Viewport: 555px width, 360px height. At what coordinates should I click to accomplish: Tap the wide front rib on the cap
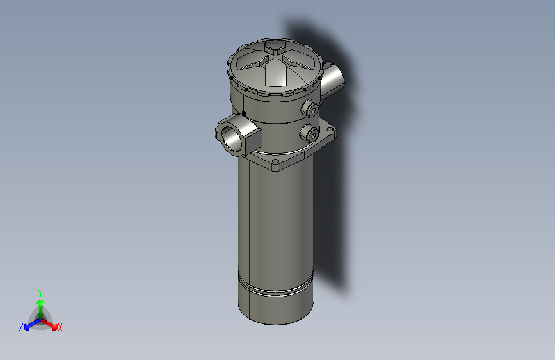click(x=275, y=73)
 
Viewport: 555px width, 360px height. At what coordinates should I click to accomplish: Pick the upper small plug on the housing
click(x=311, y=110)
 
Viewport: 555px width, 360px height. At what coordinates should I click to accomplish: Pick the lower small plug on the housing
click(x=311, y=133)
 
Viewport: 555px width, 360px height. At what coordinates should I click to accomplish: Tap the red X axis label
click(x=60, y=327)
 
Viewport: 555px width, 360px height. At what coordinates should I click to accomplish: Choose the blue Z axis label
click(x=21, y=327)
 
